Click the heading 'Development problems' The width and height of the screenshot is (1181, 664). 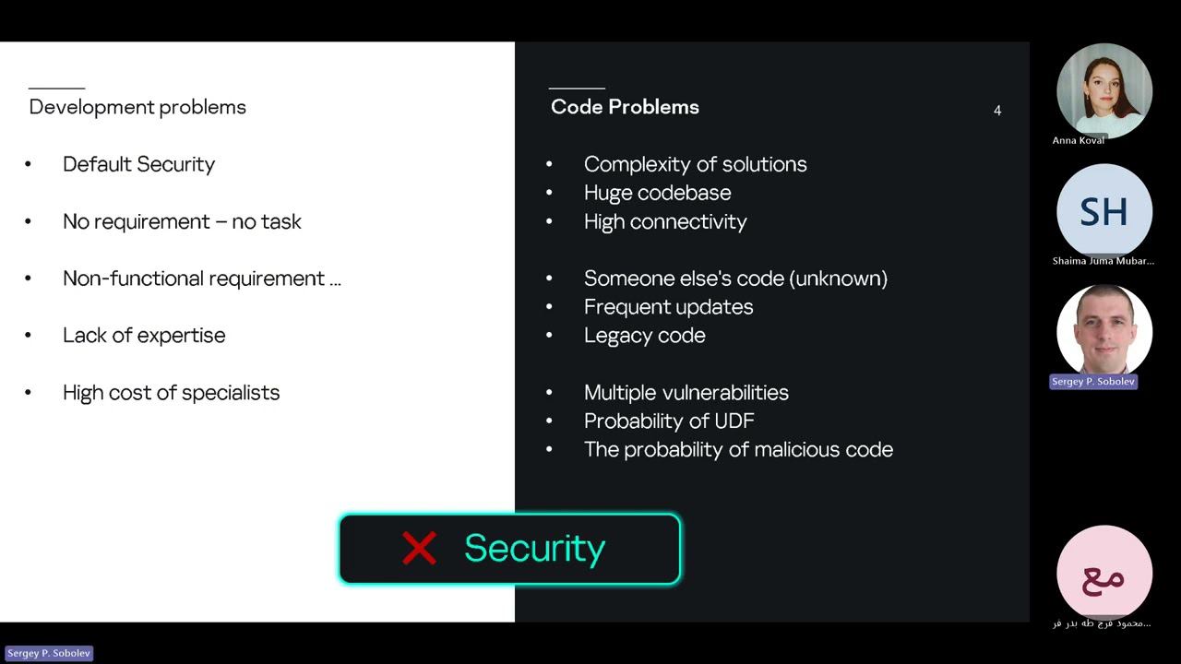tap(137, 107)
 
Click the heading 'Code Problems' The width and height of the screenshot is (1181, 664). tap(625, 107)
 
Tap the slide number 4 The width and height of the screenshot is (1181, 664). tap(997, 111)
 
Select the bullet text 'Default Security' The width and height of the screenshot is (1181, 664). tap(138, 164)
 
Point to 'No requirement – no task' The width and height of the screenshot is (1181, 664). tap(182, 221)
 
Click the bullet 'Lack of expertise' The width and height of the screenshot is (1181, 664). tap(144, 336)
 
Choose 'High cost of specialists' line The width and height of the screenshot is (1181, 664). tap(171, 393)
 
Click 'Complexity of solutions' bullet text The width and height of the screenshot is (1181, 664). tap(695, 164)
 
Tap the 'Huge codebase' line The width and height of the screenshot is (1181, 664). tap(657, 193)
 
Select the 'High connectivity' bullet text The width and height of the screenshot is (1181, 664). tap(665, 221)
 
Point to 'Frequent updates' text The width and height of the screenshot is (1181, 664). tap(668, 307)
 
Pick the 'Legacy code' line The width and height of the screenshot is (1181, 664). tap(644, 336)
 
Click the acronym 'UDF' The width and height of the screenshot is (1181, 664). tap(734, 421)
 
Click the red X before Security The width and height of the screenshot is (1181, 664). tap(419, 549)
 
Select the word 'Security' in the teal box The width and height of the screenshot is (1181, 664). tap(534, 549)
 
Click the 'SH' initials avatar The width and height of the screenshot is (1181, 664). tap(1103, 212)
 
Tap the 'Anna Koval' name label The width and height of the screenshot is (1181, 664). tap(1079, 140)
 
